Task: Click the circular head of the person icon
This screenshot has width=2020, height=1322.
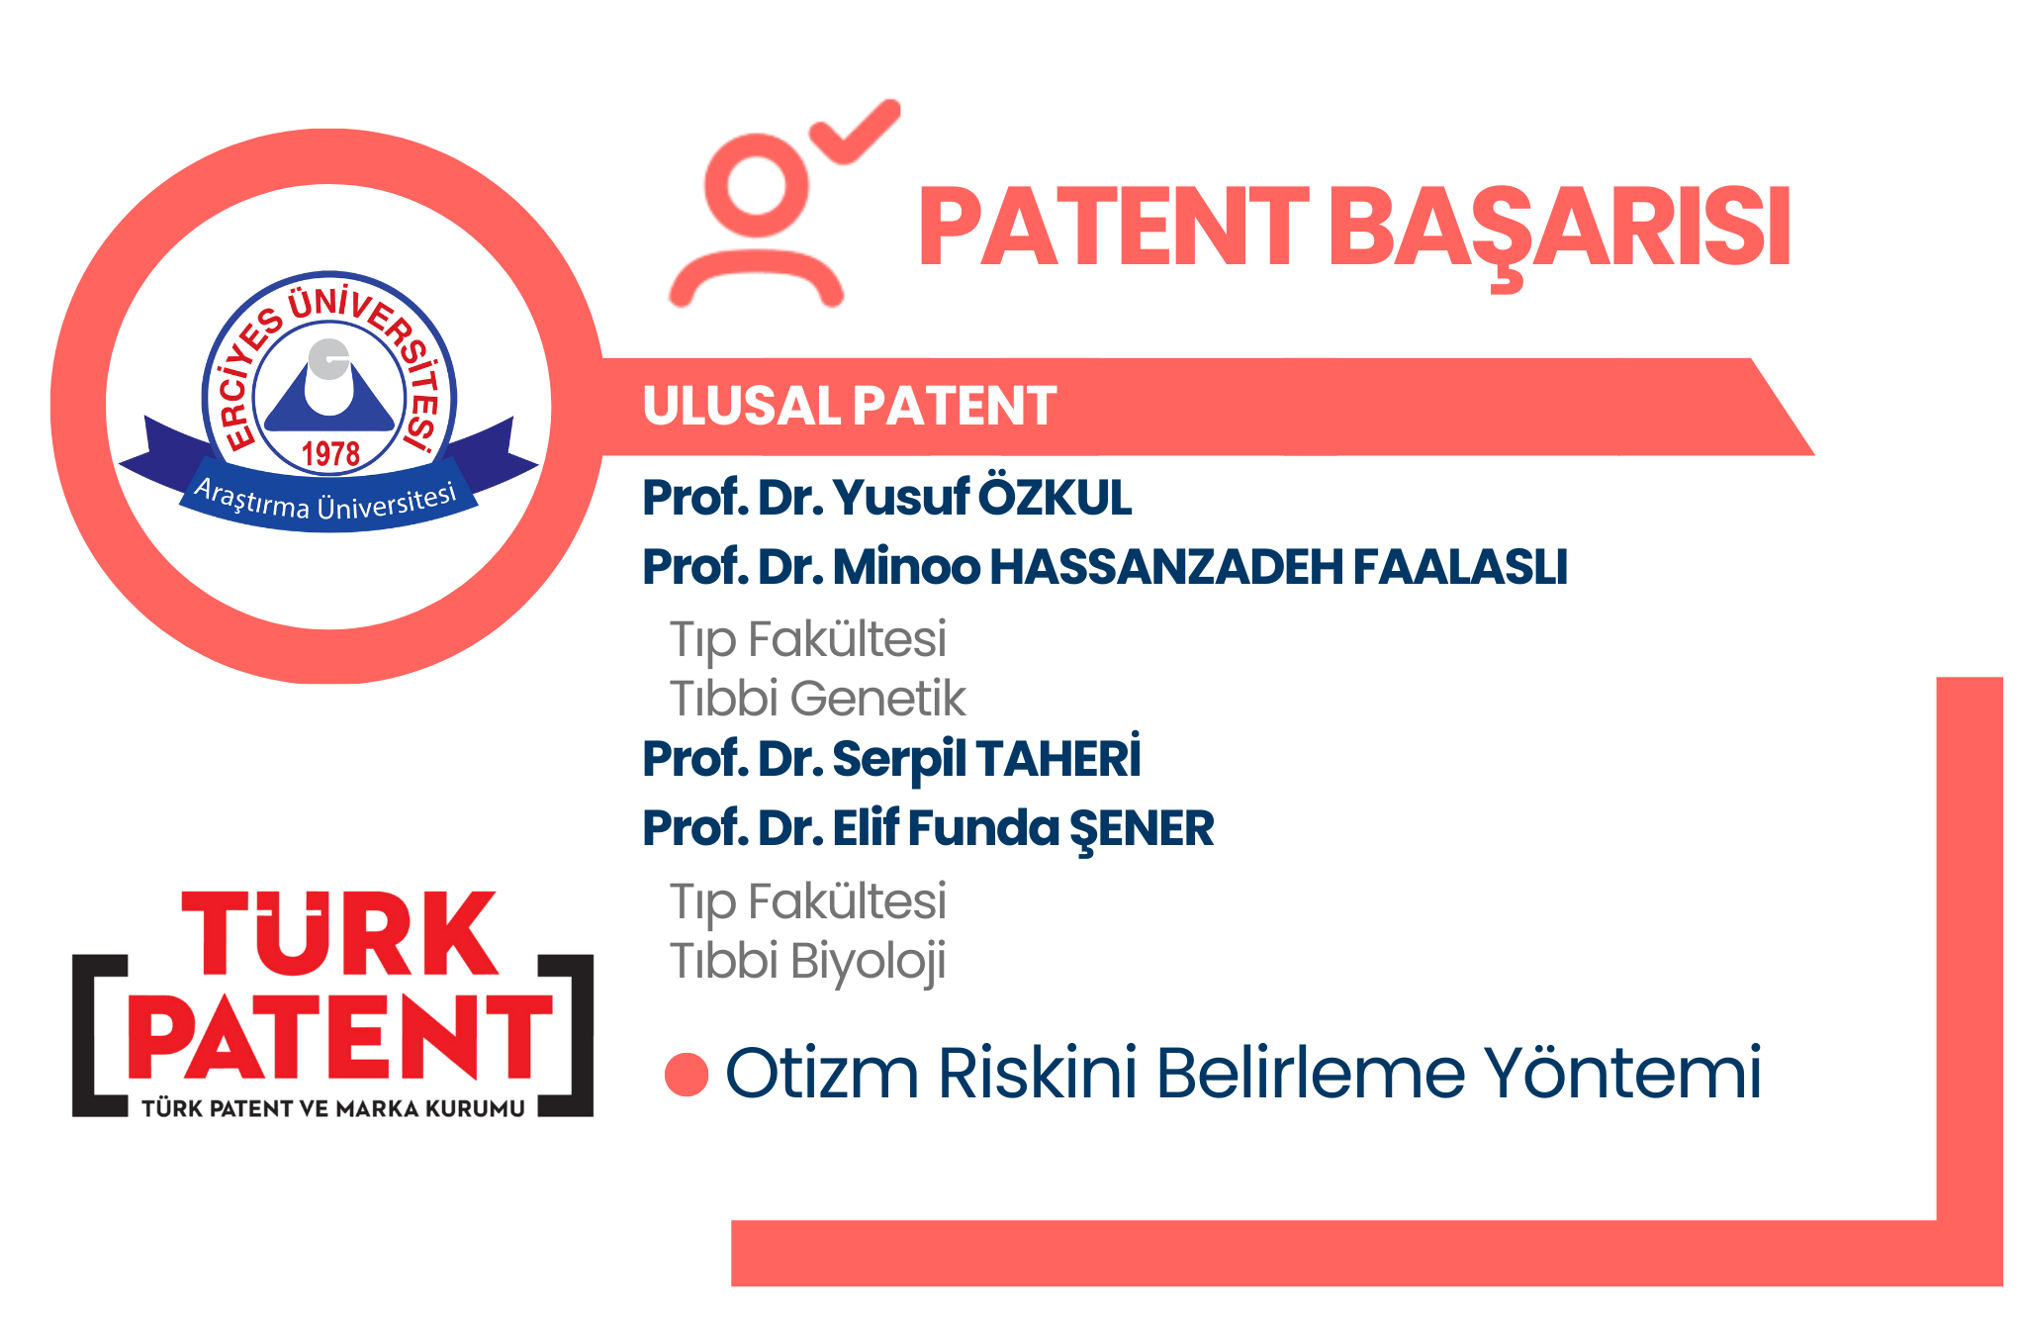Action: click(756, 186)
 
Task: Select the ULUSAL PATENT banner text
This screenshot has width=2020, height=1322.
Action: click(850, 406)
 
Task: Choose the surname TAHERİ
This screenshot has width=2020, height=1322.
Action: click(1058, 757)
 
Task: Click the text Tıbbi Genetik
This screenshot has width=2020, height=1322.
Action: click(818, 698)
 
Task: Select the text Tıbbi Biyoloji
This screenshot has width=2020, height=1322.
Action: click(808, 962)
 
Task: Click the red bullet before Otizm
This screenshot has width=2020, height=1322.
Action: click(687, 1075)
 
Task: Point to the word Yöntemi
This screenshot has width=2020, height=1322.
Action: click(1622, 1073)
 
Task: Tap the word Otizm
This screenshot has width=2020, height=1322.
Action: click(822, 1073)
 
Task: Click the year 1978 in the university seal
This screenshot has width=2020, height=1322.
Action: click(330, 454)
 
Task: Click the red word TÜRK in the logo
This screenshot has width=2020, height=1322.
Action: click(339, 932)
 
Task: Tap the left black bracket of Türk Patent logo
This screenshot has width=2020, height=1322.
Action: click(100, 1036)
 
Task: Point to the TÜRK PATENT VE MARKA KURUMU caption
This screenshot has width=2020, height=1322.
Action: click(333, 1108)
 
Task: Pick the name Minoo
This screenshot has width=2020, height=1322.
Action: click(907, 567)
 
